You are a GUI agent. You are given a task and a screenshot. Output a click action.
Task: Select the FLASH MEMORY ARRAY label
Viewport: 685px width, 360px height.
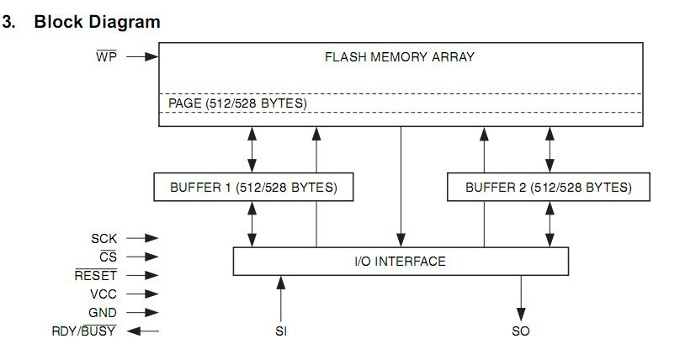400,57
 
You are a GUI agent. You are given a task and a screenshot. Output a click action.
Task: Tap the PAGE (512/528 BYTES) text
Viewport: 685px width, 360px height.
238,103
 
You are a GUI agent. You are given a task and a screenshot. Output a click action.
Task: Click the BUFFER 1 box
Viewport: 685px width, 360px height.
253,187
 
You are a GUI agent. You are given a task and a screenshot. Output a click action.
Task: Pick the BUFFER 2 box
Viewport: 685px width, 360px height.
549,187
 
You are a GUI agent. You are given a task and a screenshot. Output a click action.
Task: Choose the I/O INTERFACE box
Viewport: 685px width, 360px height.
400,261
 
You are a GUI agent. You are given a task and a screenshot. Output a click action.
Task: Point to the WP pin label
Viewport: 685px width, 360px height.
107,57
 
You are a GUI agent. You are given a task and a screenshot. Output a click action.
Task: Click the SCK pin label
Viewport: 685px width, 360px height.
104,239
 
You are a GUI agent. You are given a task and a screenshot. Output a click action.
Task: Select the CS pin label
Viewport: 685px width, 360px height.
108,257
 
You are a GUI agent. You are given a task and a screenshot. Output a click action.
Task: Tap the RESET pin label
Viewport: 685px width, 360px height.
96,276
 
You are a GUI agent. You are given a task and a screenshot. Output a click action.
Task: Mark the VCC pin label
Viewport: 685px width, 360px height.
103,294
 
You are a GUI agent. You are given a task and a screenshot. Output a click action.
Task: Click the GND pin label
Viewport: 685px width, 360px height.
103,313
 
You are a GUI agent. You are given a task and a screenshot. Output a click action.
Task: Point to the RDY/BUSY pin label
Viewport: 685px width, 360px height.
84,331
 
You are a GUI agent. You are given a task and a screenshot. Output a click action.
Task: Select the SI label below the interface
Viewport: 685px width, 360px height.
281,331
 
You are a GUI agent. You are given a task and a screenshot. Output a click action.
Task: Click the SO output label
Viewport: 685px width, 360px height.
521,331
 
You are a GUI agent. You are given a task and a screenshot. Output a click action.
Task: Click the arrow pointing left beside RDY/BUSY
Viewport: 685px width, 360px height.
143,331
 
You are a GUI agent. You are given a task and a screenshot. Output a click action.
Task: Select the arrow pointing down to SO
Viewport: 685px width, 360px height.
521,296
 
